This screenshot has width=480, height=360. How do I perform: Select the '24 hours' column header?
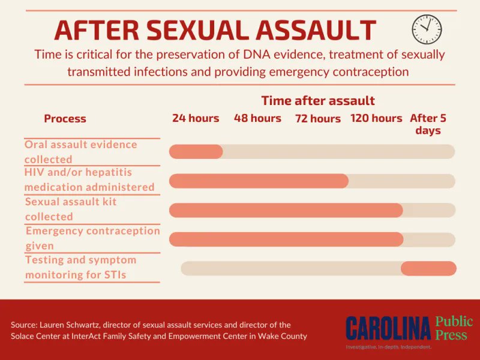(196, 118)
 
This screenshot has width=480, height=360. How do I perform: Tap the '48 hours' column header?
(257, 118)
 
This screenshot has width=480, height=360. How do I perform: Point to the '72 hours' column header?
(318, 119)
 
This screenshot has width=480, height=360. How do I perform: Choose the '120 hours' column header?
(376, 118)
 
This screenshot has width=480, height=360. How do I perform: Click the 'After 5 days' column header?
(428, 124)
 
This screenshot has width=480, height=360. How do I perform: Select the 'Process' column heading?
(65, 119)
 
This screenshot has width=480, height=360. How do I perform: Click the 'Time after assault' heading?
(318, 100)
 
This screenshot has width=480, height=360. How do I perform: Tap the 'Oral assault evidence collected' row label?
(81, 152)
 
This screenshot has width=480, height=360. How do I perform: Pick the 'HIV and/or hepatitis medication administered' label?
(89, 179)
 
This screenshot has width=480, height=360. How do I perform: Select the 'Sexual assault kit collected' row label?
(71, 209)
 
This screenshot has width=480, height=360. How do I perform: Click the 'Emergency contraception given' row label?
(92, 238)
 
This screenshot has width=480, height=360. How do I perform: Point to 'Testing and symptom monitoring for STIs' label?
(80, 268)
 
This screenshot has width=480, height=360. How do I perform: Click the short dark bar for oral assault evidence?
(196, 152)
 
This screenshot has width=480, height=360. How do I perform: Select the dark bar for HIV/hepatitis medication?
(259, 181)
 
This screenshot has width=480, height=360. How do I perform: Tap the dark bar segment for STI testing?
(428, 268)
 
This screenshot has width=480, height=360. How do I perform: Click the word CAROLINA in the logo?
(388, 328)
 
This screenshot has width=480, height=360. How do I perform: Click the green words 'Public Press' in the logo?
(454, 328)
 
